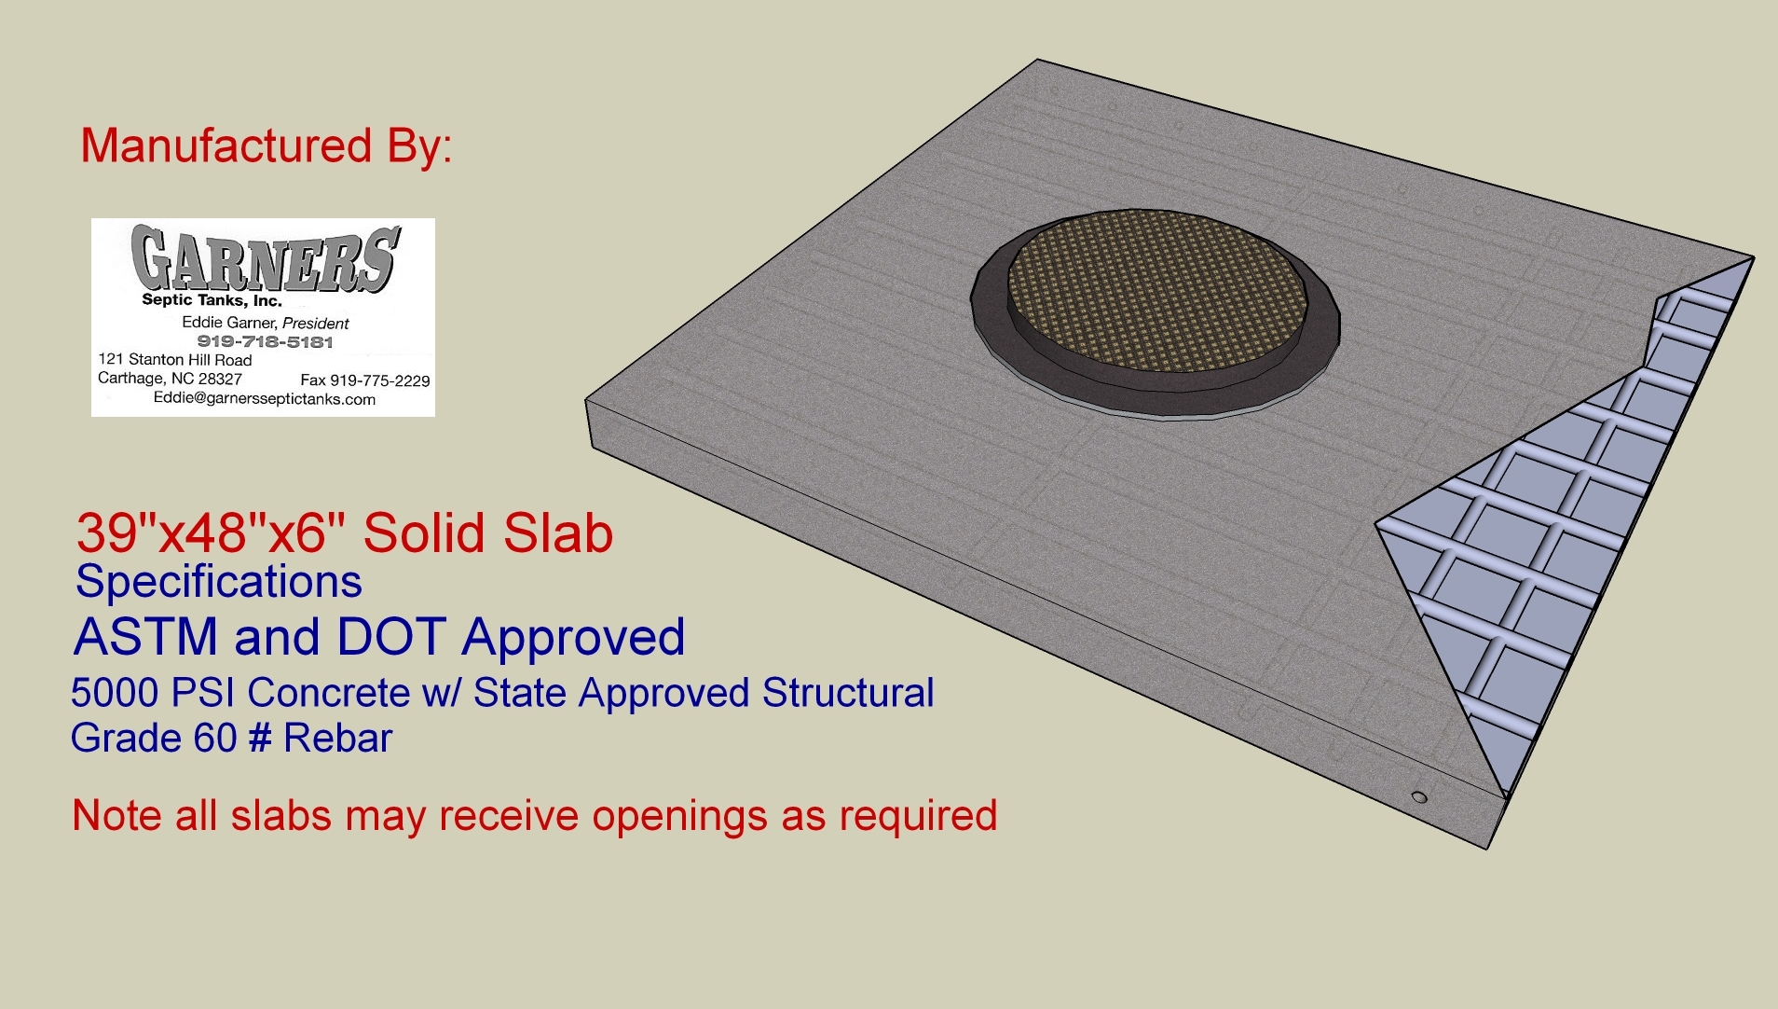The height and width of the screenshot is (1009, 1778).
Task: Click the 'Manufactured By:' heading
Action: (267, 147)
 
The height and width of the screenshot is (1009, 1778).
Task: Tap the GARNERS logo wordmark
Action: (266, 258)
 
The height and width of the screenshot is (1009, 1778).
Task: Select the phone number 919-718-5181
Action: (265, 341)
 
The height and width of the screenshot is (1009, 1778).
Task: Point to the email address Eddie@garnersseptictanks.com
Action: (265, 399)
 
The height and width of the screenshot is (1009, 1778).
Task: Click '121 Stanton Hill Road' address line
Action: (175, 360)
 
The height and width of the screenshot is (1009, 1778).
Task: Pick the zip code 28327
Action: (220, 379)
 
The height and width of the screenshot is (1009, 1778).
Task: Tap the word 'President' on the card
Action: (316, 323)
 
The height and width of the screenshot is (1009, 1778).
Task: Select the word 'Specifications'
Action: (219, 582)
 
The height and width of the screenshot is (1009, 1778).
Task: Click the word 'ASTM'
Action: (145, 637)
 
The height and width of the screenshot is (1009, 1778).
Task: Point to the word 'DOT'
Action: (391, 637)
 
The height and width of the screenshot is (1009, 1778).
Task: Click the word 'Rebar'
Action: (337, 739)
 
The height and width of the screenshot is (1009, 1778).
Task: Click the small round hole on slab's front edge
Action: (1419, 797)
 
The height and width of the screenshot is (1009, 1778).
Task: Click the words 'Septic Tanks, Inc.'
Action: (212, 300)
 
